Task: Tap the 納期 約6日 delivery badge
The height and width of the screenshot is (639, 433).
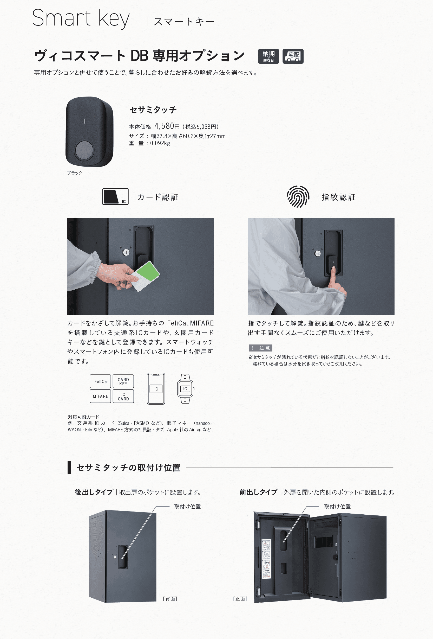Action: (x=268, y=56)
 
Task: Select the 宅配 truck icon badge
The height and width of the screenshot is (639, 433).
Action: (x=293, y=56)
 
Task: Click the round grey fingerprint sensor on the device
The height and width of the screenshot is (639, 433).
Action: (x=84, y=150)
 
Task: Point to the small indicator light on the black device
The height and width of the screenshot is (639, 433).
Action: (x=84, y=121)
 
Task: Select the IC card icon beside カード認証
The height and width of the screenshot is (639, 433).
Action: (x=115, y=197)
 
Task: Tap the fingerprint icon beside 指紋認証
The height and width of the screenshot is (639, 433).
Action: (x=298, y=197)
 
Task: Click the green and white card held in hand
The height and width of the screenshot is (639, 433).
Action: (x=146, y=276)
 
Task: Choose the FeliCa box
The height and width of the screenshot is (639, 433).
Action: (x=100, y=381)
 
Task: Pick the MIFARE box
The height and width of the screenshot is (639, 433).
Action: (x=100, y=396)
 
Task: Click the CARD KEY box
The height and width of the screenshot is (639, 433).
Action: (x=123, y=381)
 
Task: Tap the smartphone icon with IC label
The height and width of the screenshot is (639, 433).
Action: (x=156, y=388)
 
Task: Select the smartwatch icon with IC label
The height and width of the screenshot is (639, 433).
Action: (x=185, y=388)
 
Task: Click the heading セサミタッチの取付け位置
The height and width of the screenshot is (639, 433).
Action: (x=128, y=468)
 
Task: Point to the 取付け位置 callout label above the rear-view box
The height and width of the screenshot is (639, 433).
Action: (x=187, y=507)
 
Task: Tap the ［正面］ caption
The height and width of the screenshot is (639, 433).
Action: (x=240, y=599)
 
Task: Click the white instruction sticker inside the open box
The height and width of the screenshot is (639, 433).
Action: (x=266, y=558)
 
